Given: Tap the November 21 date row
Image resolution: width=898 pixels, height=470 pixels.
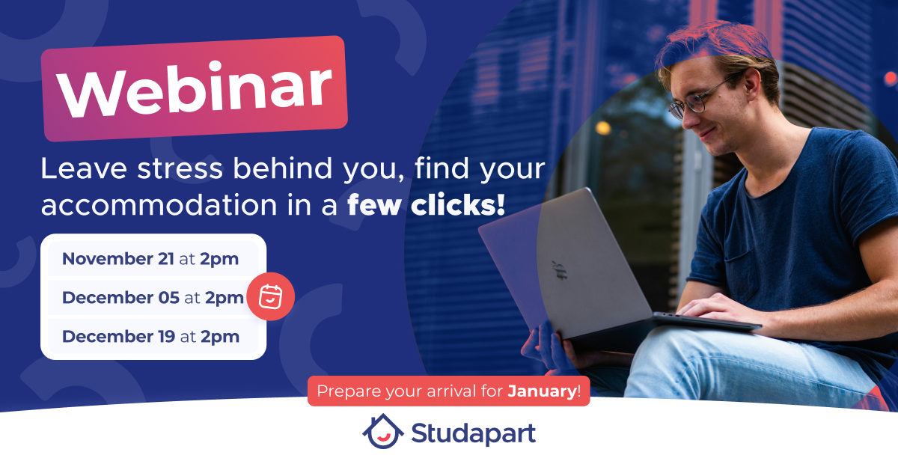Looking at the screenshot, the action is [153, 259].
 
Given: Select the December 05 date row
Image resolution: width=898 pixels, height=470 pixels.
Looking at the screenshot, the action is [153, 298].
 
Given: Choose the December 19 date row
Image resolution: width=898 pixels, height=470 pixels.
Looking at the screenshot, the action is [153, 337].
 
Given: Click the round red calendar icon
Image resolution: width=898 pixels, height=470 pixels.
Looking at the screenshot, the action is [271, 296].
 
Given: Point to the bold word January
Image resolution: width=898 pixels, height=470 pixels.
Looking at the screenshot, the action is [543, 391].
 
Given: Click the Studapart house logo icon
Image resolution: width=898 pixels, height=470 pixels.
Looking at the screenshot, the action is [383, 431].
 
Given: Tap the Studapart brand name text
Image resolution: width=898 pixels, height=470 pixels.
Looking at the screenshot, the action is [474, 433].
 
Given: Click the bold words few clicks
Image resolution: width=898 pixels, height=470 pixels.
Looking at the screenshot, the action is [426, 205].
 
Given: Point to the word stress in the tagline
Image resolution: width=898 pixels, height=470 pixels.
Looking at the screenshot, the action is [180, 168].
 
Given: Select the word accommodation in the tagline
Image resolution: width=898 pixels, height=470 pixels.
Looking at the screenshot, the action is [159, 205].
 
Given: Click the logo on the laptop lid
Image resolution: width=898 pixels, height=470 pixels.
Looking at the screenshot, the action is [559, 270].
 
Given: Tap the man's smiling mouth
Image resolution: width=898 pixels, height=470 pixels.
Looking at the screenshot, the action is [709, 132].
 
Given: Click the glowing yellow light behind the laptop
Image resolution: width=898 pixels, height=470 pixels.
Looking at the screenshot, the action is [602, 128].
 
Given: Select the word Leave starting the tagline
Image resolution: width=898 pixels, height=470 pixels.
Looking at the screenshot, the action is [84, 168].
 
